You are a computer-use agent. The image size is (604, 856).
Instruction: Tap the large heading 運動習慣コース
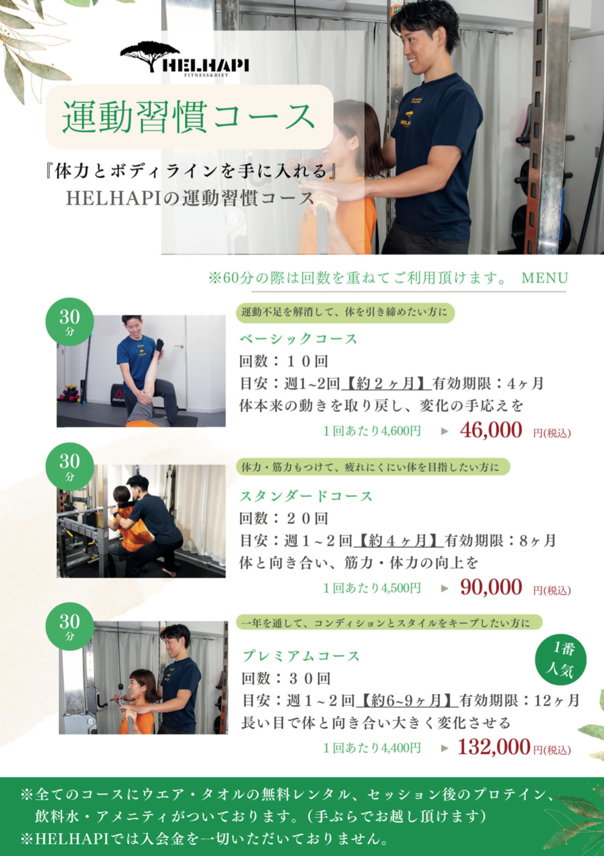[x=189, y=117]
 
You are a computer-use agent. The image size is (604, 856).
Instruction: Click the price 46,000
[x=491, y=430]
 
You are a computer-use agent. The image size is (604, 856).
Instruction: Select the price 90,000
[x=491, y=587]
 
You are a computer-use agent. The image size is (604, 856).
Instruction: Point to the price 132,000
[x=494, y=747]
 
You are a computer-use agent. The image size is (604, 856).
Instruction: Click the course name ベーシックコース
[x=299, y=339]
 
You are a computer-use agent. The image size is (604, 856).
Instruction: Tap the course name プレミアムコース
[x=301, y=656]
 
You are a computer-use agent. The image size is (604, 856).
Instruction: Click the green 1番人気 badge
[x=561, y=659]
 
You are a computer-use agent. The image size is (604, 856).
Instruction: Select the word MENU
[x=544, y=278]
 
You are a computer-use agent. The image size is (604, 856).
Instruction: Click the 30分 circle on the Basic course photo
[x=70, y=322]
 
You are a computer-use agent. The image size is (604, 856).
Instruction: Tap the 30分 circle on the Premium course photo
[x=70, y=626]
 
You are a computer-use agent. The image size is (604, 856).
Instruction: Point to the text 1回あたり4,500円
[x=372, y=588]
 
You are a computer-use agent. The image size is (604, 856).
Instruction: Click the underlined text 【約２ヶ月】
[x=386, y=383]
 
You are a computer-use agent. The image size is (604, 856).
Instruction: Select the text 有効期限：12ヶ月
[x=519, y=700]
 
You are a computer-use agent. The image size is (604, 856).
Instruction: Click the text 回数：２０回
[x=284, y=518]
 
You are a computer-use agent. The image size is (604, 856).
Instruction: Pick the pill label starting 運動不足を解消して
[x=345, y=312]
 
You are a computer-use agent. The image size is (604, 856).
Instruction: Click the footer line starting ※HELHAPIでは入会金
[x=205, y=839]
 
